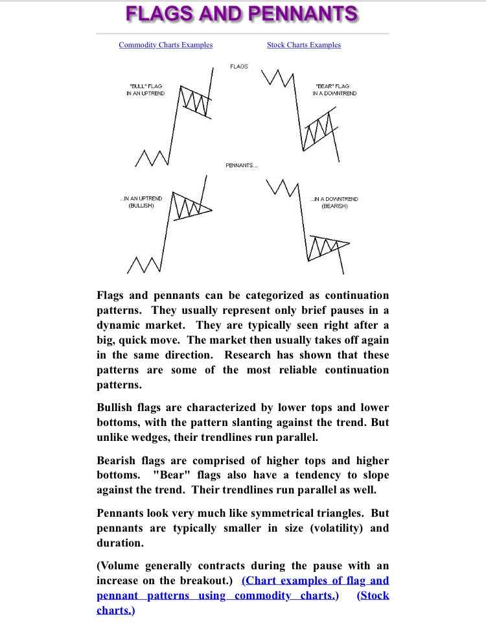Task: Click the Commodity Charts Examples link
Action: tap(165, 45)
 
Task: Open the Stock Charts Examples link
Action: tap(303, 45)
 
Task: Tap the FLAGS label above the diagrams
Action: tap(238, 67)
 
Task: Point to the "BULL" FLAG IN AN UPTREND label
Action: tap(145, 89)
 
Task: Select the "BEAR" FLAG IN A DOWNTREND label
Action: tap(334, 89)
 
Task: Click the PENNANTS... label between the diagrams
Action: tap(241, 165)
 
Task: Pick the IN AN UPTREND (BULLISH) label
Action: tap(141, 202)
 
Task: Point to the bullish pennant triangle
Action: tap(192, 207)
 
